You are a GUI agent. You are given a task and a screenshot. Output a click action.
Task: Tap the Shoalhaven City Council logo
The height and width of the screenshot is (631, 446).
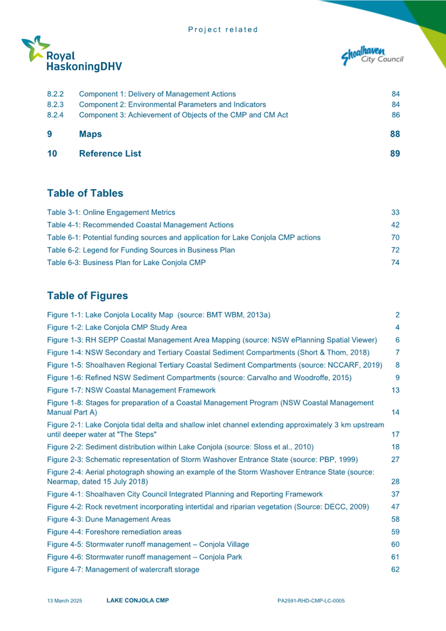point(372,55)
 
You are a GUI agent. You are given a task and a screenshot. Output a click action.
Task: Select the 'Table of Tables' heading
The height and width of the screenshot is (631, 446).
point(85,193)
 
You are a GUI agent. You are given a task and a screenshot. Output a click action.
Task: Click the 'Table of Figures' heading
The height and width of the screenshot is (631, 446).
point(87,296)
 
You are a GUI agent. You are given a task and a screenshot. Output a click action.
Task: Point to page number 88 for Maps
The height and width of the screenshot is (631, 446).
point(395,134)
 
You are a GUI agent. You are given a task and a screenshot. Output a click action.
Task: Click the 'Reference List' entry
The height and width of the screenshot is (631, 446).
point(110,154)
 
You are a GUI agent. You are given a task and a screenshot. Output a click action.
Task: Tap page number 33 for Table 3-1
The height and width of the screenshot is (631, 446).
point(395,212)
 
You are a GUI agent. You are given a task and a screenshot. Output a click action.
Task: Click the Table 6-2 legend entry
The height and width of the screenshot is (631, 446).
point(141,250)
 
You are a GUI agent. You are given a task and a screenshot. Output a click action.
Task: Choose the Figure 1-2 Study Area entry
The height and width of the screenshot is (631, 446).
point(117,328)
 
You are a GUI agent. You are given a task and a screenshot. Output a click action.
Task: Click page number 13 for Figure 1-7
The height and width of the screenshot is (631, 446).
point(395,390)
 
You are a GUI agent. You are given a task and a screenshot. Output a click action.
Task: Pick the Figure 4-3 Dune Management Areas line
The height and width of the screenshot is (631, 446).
point(109,519)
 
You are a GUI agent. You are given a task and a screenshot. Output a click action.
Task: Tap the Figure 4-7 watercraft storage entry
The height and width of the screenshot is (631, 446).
point(123,570)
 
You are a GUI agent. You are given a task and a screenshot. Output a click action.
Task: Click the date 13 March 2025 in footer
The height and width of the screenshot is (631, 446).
point(64,601)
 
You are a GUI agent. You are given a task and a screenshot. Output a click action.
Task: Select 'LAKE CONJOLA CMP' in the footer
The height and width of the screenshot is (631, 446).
point(137,600)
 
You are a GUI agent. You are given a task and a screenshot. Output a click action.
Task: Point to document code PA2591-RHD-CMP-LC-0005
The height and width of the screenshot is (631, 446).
point(311,601)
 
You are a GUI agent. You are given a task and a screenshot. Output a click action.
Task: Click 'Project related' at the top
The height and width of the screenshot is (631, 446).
point(223,29)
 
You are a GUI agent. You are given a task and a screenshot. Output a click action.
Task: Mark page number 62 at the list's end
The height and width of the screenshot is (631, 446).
point(395,570)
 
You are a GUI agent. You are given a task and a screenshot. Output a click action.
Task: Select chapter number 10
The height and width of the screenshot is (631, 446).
point(52,154)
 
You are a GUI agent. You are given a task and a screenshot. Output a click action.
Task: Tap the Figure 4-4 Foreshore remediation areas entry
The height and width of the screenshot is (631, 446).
point(114,532)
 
